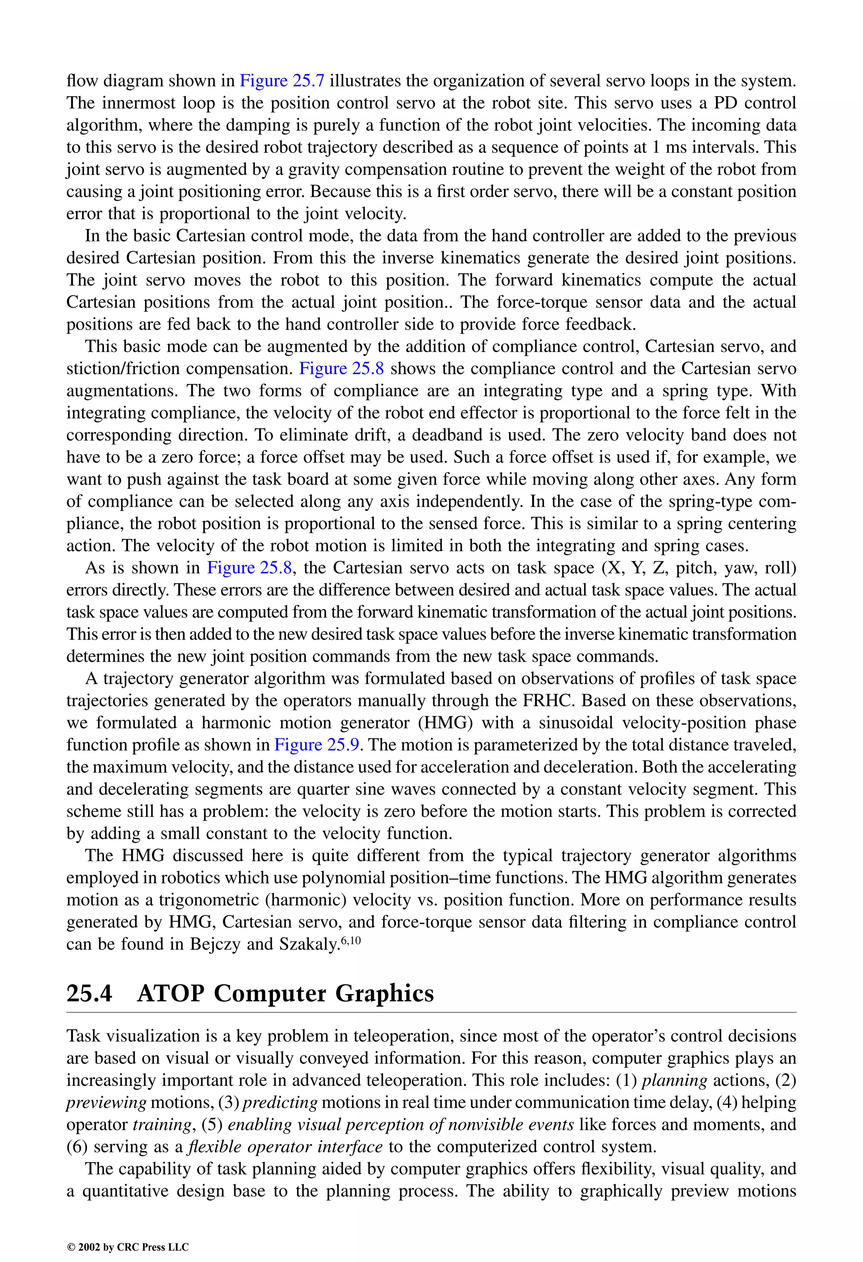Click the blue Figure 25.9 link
(316, 745)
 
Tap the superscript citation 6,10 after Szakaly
(350, 941)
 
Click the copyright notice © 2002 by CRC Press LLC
(128, 1247)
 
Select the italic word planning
(675, 1081)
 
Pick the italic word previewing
(106, 1103)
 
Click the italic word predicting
(280, 1103)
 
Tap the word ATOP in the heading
(171, 994)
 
